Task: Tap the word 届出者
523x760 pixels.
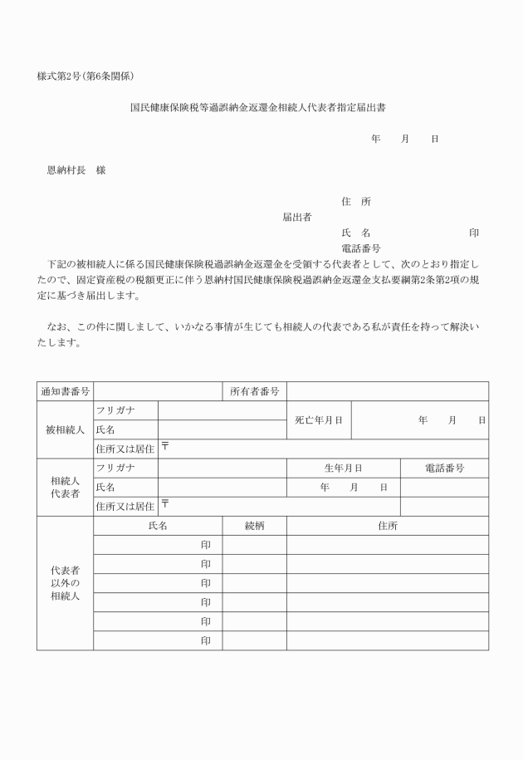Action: [296, 218]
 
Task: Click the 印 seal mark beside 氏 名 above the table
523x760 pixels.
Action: [473, 233]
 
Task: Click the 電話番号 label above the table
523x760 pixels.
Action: [361, 248]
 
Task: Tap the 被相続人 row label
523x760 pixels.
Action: [65, 430]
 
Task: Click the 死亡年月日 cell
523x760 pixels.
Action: [320, 420]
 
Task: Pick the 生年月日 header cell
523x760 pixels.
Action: [344, 468]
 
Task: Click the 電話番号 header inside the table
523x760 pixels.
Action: [444, 468]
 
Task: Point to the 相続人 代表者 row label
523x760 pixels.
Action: [65, 487]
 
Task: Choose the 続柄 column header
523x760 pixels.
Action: [254, 526]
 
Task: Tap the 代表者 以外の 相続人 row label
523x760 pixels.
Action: [65, 583]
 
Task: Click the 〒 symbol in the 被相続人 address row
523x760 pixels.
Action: [164, 448]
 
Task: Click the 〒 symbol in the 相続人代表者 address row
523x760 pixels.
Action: [164, 504]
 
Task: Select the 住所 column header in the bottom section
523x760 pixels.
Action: [387, 526]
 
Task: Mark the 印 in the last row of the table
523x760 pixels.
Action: [205, 640]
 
